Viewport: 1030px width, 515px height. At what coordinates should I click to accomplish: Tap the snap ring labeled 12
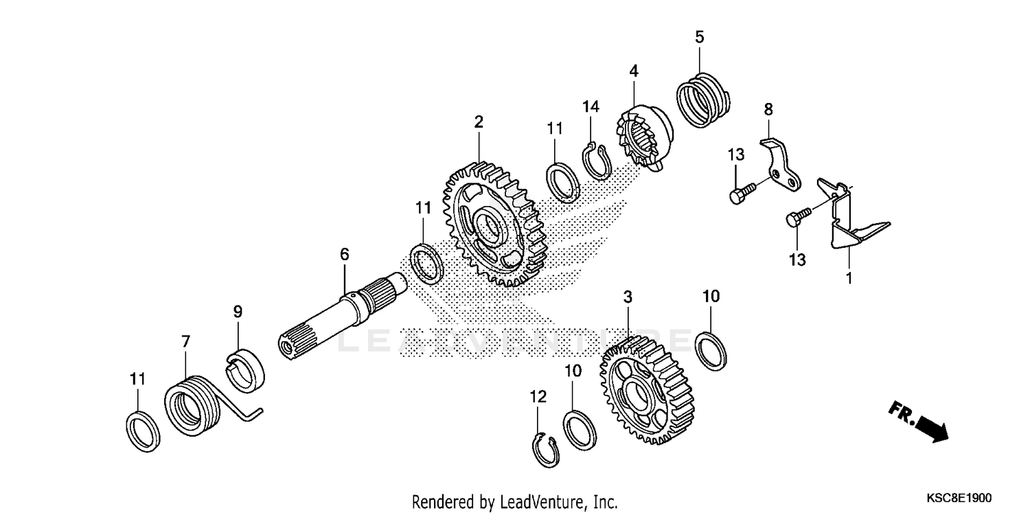point(546,450)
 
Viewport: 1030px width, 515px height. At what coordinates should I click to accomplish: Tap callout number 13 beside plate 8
point(736,156)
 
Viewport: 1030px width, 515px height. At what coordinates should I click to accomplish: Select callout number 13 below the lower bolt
point(797,260)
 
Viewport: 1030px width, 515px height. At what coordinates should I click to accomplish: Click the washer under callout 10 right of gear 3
point(711,348)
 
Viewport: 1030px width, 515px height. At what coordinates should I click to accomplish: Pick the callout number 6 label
point(344,255)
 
